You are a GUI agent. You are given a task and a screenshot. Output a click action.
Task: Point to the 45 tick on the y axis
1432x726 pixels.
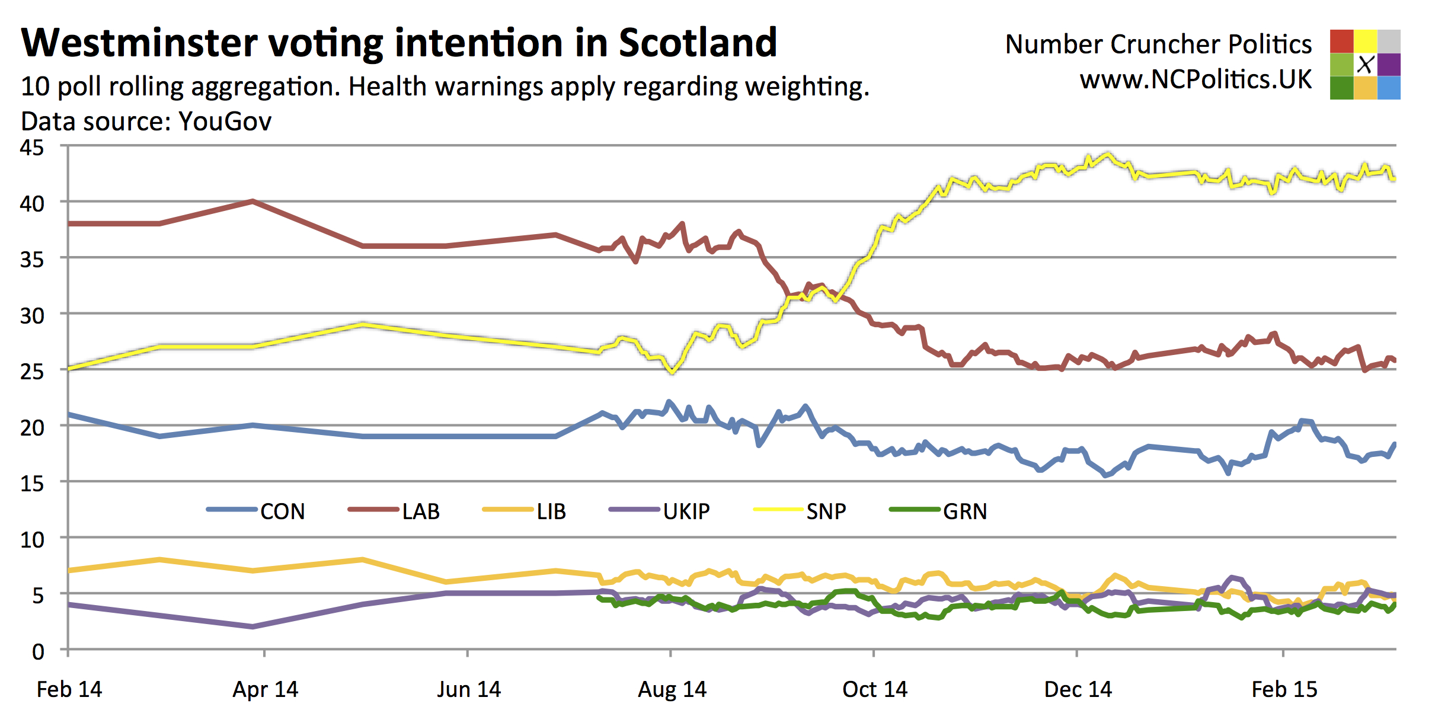(x=32, y=148)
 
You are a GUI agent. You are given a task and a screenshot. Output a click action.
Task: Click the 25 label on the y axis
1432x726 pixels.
(x=32, y=372)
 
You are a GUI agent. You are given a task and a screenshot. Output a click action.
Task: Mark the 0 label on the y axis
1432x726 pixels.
(x=38, y=652)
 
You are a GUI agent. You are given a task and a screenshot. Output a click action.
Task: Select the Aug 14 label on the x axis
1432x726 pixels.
(x=672, y=689)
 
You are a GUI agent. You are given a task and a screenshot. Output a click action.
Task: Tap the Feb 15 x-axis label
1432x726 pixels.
(x=1284, y=689)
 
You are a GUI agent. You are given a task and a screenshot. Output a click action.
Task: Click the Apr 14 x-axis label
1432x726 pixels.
(x=265, y=689)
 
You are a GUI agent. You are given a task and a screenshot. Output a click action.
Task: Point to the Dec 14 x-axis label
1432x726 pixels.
(x=1078, y=689)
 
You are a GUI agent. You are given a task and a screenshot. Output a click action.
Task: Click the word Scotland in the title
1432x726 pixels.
(x=698, y=43)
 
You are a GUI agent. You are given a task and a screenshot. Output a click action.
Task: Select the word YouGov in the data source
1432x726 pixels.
(x=225, y=121)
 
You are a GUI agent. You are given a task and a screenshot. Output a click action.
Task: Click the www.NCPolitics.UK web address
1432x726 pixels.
(x=1196, y=79)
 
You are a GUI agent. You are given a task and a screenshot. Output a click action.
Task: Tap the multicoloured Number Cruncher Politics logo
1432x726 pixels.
(x=1364, y=64)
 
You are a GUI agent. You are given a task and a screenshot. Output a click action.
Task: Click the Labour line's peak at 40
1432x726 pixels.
(x=253, y=202)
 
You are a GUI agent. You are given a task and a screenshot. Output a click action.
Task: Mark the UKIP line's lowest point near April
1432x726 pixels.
(x=253, y=626)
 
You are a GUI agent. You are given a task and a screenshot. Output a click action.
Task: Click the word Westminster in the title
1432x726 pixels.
(x=139, y=43)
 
